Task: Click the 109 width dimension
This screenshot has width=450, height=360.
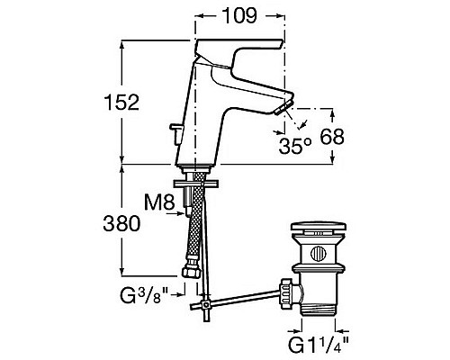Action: point(240,15)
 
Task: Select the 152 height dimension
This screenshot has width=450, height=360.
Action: point(121,102)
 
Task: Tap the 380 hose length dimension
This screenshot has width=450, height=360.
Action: point(121,223)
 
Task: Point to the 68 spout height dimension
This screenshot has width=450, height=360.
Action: point(332,137)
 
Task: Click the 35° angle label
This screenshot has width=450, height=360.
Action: point(295,147)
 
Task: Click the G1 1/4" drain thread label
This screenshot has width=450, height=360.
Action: point(319,345)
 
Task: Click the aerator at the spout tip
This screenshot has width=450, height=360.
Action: point(283,108)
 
